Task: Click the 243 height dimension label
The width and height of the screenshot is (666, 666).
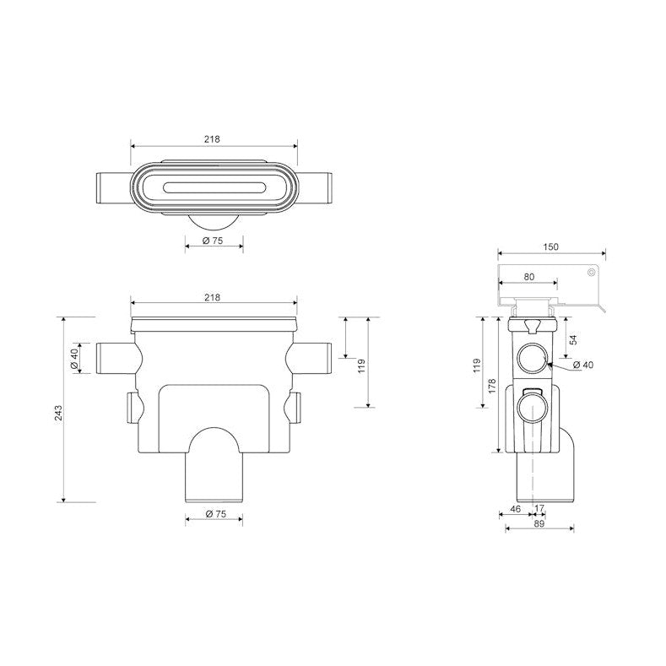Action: (58, 413)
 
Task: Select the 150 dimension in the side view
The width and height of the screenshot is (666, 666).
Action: (551, 246)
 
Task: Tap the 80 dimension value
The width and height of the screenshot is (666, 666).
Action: (528, 277)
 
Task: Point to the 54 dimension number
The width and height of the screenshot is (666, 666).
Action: (573, 340)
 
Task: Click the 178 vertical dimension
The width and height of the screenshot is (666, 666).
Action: (492, 386)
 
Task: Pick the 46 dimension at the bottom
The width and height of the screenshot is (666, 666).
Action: (515, 508)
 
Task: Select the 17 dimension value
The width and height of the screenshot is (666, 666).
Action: (539, 508)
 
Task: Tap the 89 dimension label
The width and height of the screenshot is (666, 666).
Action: (539, 523)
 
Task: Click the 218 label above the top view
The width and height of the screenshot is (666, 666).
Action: (213, 139)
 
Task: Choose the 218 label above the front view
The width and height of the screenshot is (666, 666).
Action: (213, 297)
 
